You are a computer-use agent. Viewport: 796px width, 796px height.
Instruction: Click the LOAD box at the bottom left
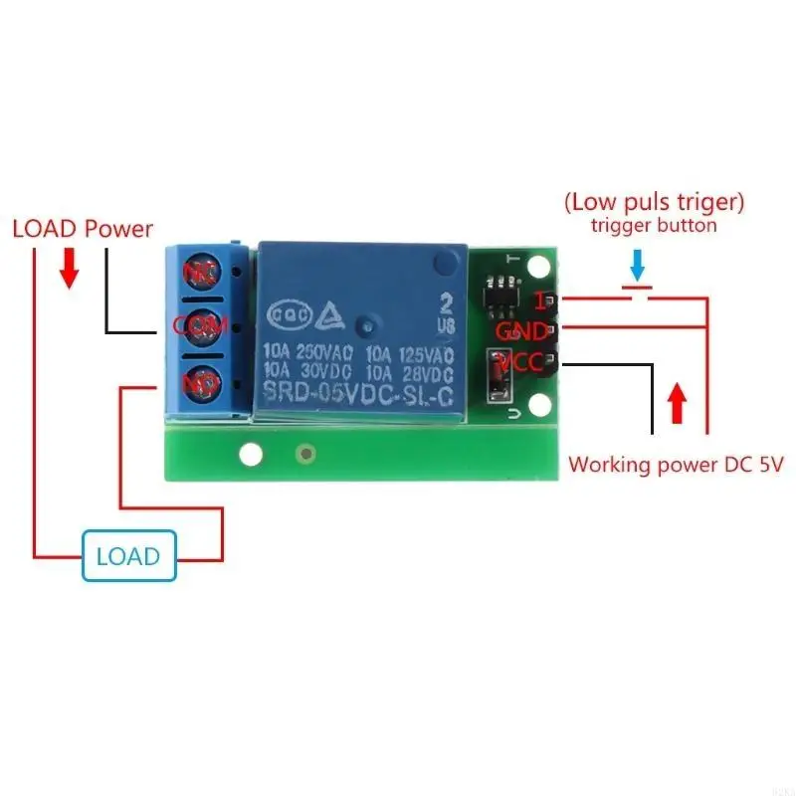[128, 554]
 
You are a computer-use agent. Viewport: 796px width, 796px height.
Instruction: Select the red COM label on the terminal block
[201, 325]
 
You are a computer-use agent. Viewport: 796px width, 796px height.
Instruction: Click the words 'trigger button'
[653, 226]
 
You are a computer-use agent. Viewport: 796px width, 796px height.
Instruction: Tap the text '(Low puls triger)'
[654, 202]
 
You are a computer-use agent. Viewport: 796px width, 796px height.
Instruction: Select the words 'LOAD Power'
[83, 230]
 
